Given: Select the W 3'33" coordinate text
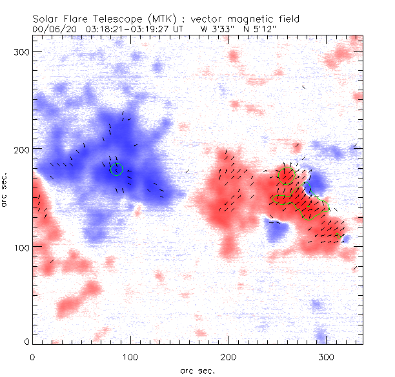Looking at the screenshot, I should point(218,29).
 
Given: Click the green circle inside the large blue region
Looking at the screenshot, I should point(116,169).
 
